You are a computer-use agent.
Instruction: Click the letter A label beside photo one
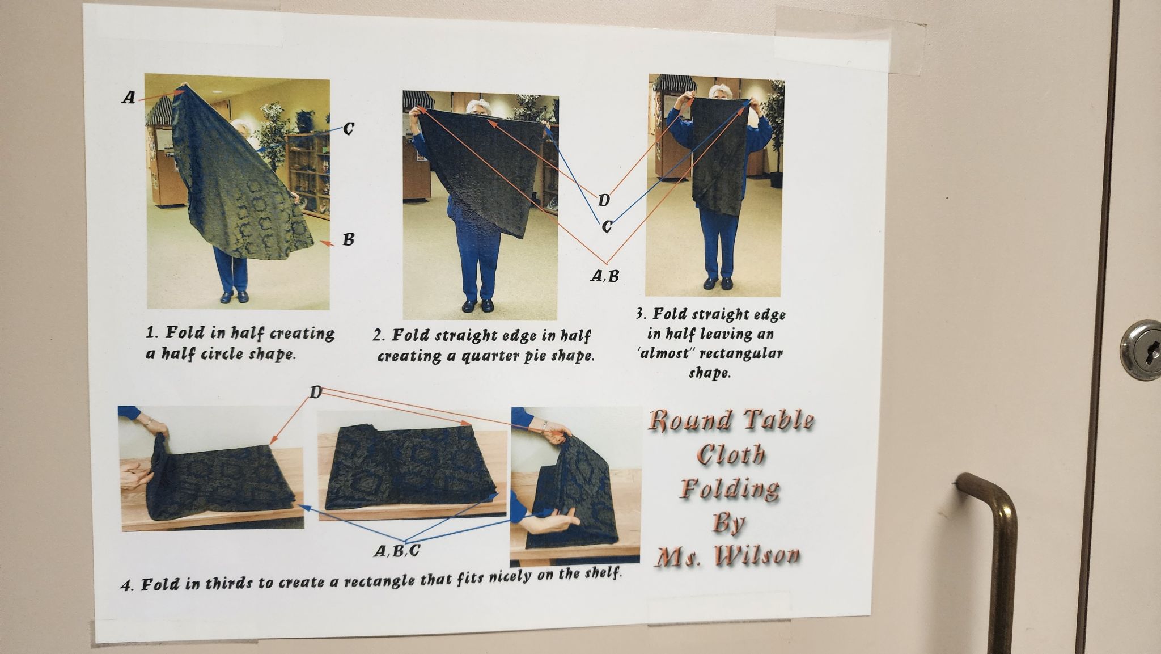point(129,98)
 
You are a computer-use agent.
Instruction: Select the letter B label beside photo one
point(348,239)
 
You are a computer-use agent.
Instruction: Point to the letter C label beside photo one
point(349,129)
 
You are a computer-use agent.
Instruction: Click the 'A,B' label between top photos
point(605,276)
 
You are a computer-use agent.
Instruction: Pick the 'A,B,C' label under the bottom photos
point(397,551)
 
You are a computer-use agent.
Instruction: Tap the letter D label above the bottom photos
point(316,391)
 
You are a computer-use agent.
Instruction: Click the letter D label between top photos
point(604,200)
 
